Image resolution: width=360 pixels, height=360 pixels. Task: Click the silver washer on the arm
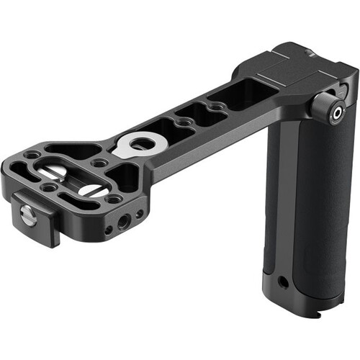(x=136, y=143)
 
